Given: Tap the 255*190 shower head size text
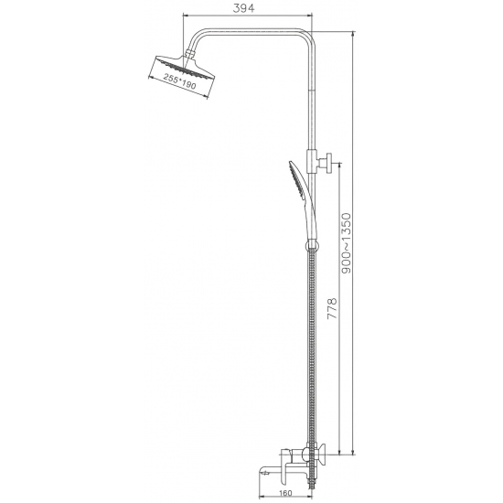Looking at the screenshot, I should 178,82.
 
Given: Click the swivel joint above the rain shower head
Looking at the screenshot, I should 192,54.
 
